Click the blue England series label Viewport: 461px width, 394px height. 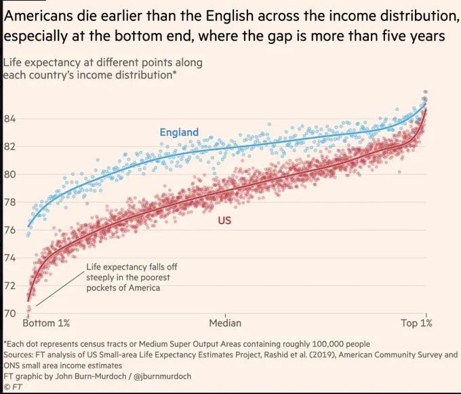click(179, 132)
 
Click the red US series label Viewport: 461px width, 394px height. click(224, 220)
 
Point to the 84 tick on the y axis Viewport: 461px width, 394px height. click(9, 119)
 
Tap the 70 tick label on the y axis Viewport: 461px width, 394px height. click(9, 313)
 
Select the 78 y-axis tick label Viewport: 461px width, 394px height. click(9, 202)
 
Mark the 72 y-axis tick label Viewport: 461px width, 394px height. click(9, 286)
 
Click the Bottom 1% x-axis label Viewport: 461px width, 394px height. click(46, 323)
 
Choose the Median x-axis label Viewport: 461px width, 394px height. click(225, 323)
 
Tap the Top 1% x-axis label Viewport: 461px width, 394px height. click(417, 323)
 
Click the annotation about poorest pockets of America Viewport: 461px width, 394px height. click(132, 277)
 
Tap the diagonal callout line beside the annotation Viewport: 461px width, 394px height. click(60, 289)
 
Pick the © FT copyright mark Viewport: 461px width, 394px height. click(14, 387)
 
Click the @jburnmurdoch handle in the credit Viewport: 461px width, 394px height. click(162, 376)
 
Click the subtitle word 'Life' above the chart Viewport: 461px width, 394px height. click(12, 63)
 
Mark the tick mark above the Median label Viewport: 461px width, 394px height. click(226, 315)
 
